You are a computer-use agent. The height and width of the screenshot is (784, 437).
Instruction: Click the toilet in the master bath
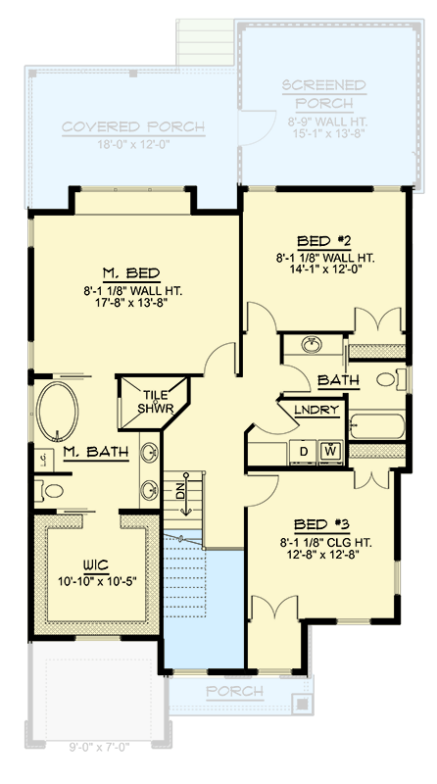[x=51, y=490]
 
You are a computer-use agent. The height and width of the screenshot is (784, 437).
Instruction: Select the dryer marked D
[x=304, y=451]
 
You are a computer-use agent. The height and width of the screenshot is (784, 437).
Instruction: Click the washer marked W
[x=331, y=451]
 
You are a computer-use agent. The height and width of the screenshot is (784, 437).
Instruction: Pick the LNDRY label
[x=316, y=410]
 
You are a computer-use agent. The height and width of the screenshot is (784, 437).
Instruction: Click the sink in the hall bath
[x=312, y=345]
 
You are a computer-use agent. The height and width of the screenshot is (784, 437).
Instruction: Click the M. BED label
[x=130, y=272]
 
